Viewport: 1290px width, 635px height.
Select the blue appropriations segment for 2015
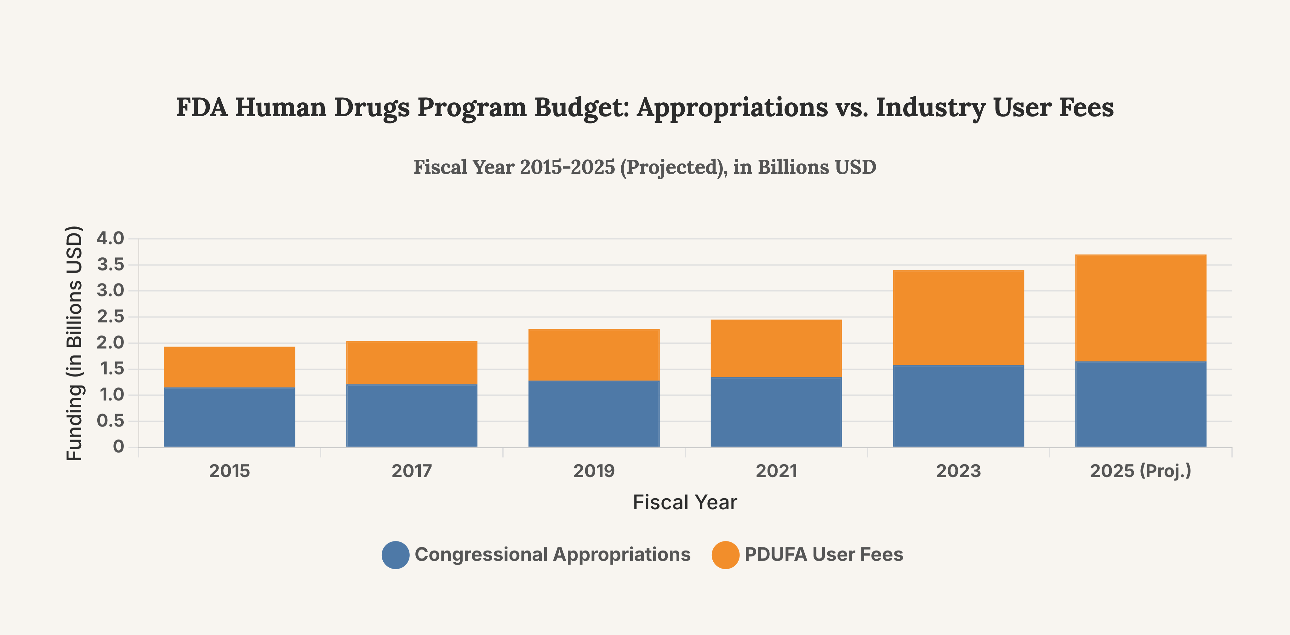(229, 417)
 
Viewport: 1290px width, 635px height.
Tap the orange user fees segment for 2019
(594, 355)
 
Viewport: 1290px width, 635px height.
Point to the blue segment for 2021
(776, 412)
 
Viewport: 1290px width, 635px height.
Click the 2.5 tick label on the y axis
(110, 317)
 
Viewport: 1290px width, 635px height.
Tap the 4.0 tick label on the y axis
(110, 238)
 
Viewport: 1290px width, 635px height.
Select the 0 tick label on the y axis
(118, 446)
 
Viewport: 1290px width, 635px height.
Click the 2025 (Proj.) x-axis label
(1140, 471)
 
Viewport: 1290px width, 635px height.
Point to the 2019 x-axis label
(594, 471)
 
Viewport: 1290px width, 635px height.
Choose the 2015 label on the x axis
(229, 471)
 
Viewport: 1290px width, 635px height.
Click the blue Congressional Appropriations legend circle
(395, 555)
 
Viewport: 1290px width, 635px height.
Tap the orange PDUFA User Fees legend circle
(725, 555)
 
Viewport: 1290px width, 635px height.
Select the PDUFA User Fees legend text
(824, 554)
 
